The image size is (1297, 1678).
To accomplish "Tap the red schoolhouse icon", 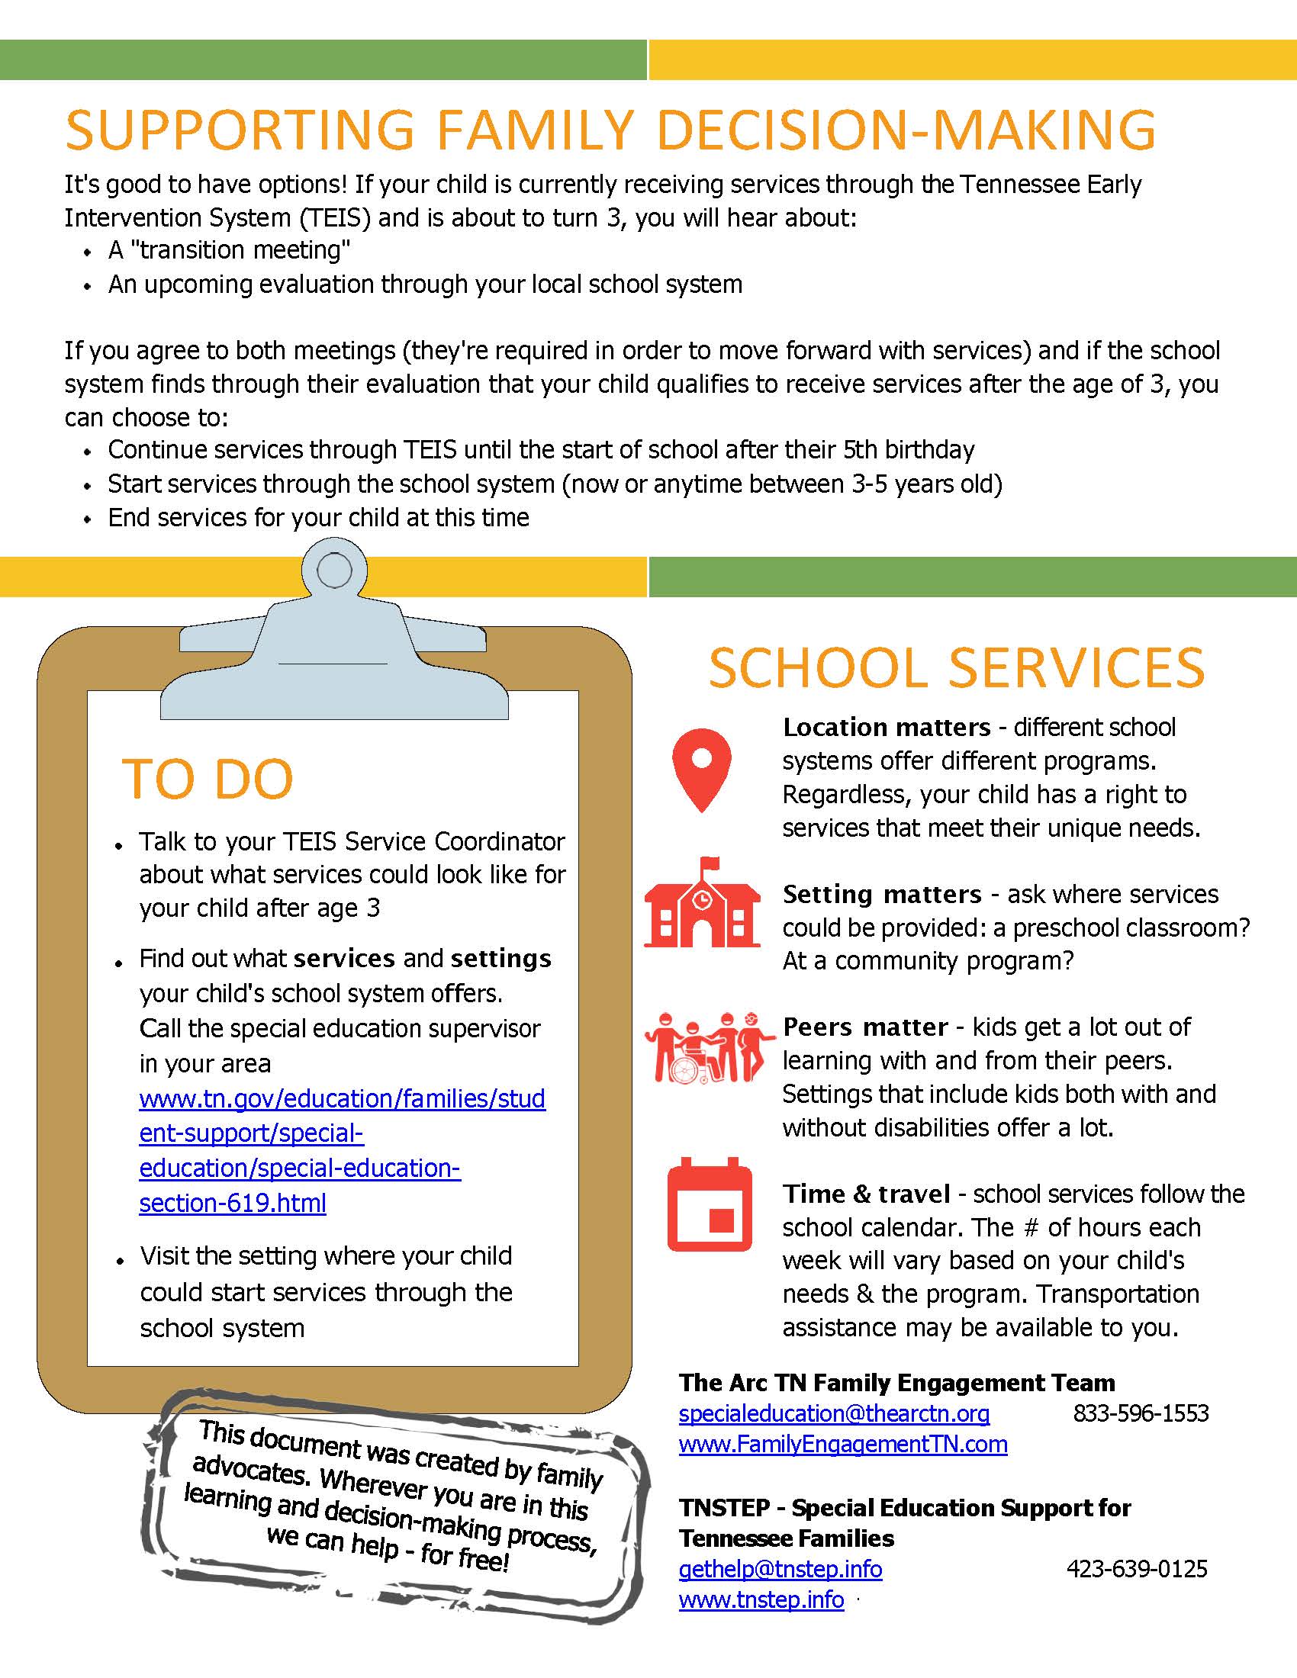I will (701, 904).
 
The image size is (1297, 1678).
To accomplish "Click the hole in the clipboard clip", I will (334, 571).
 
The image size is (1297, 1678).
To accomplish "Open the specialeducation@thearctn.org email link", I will (834, 1413).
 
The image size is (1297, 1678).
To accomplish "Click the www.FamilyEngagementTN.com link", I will (843, 1445).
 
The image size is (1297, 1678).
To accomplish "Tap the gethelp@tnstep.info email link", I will (780, 1568).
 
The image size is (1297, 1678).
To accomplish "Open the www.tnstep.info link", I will (761, 1599).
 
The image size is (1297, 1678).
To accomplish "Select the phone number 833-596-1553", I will (1141, 1413).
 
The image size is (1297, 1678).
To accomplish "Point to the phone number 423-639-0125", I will (1137, 1568).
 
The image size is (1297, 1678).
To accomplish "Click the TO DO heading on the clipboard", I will (208, 779).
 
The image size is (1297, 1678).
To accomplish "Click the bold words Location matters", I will (887, 727).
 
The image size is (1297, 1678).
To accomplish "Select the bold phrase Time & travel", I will (867, 1194).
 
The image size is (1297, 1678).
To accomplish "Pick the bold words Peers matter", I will (865, 1027).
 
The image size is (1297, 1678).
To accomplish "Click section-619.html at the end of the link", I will (232, 1202).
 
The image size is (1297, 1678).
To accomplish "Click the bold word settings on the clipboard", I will (501, 959).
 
